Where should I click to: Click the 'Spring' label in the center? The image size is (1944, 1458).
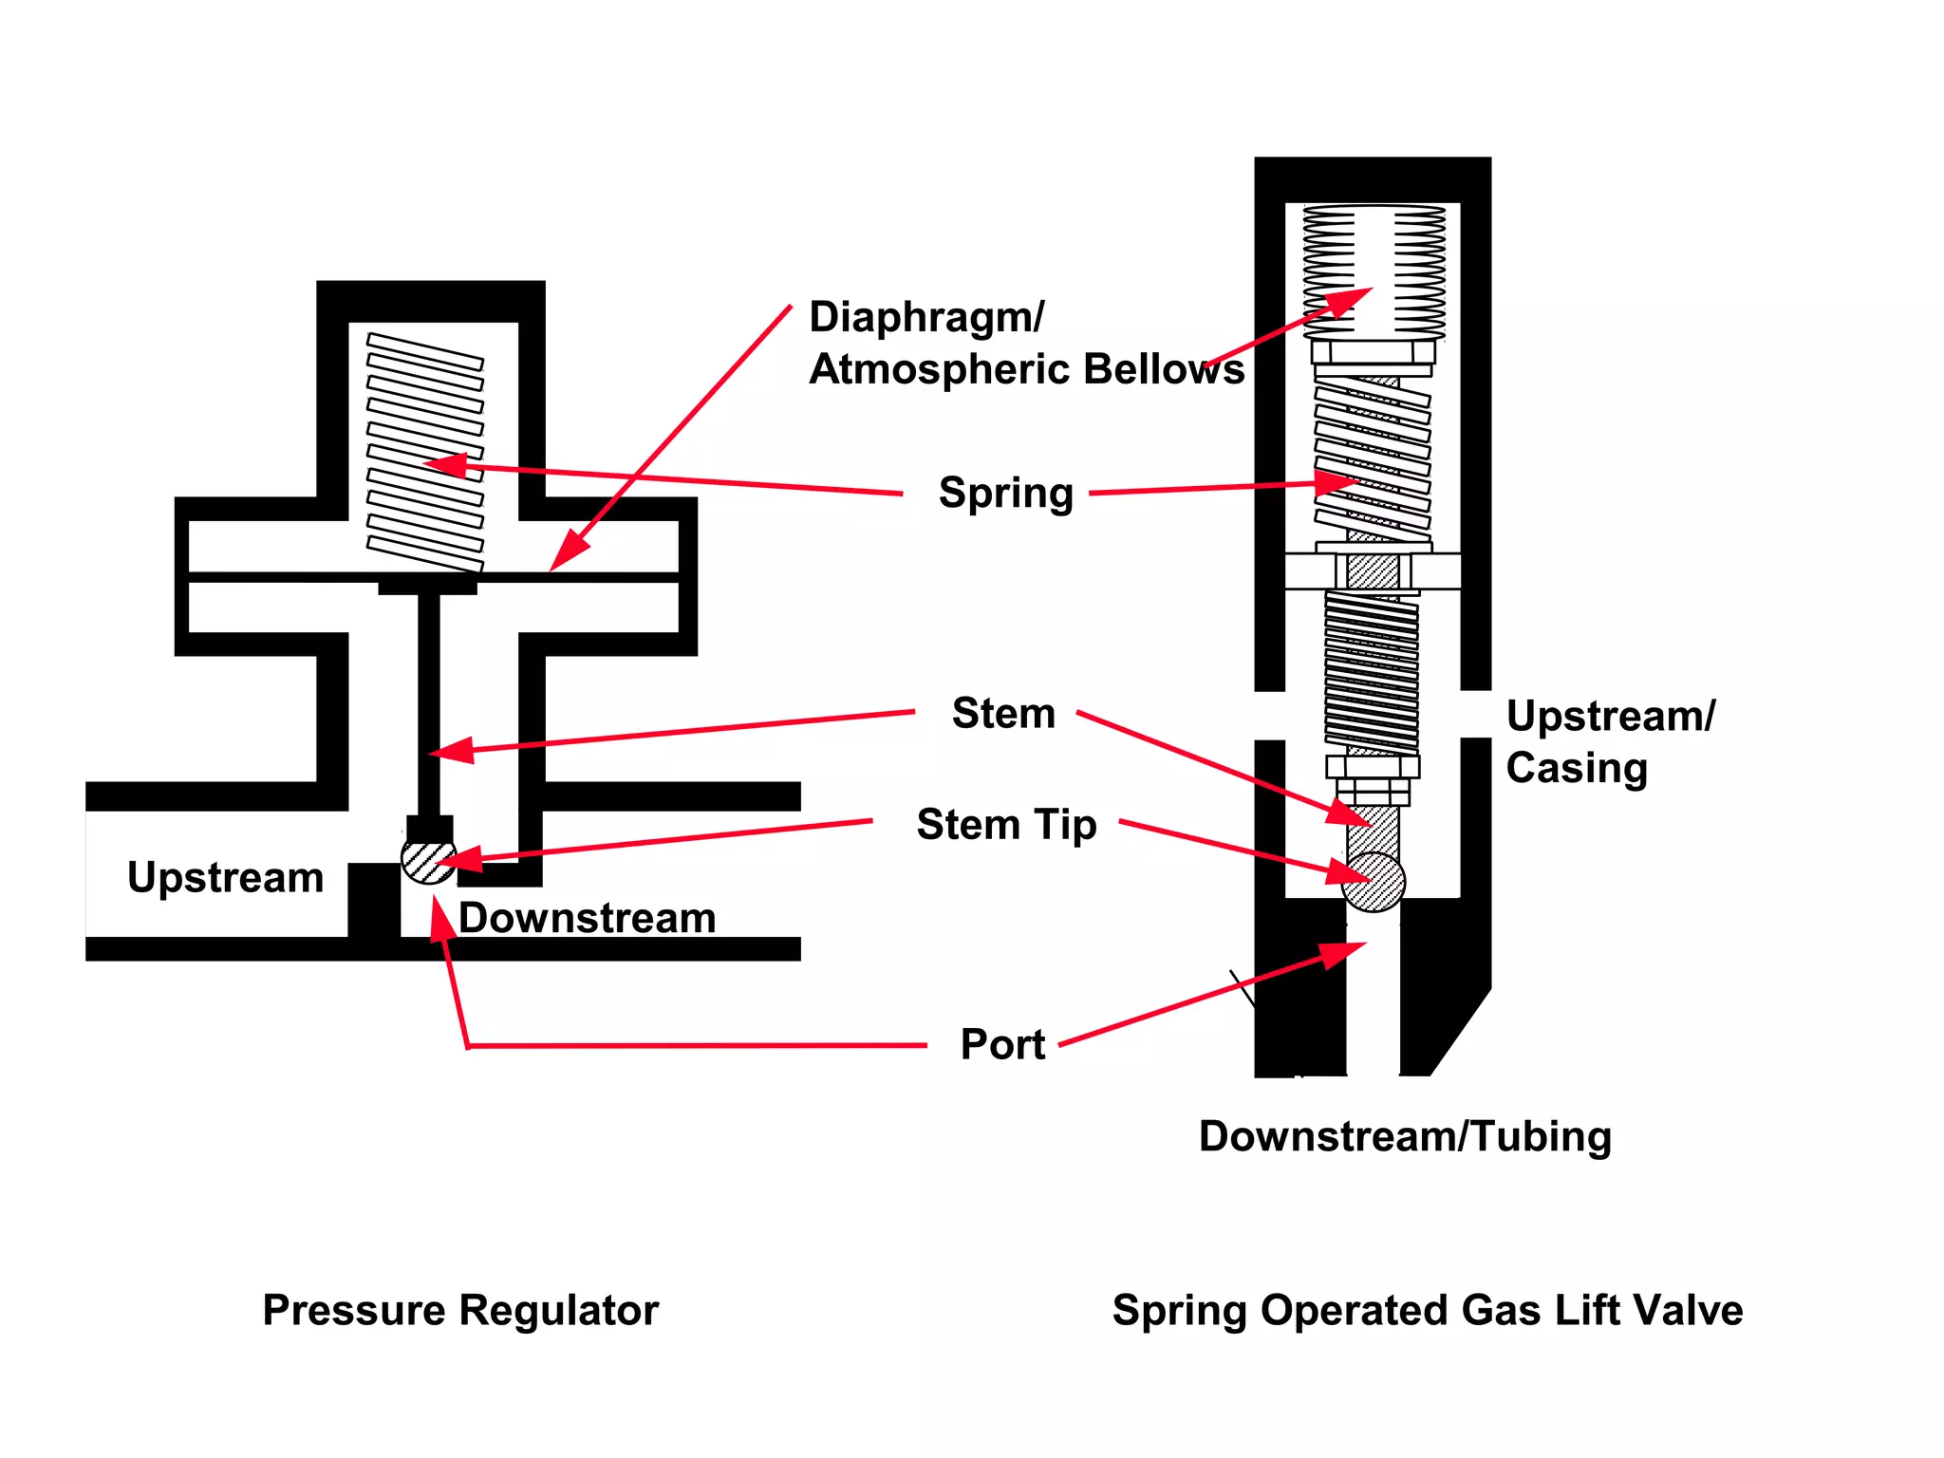coord(1005,493)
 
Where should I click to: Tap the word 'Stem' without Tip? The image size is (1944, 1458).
coord(1002,713)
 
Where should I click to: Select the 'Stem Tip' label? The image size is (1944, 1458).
coord(1006,824)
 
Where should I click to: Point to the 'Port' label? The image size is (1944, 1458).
coord(1002,1044)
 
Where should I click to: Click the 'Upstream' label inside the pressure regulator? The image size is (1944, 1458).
coord(226,877)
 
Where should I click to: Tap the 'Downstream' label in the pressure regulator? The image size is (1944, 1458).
coord(587,918)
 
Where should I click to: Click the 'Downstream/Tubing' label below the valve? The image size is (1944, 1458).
coord(1405,1136)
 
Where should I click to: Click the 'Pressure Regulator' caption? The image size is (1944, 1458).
coord(460,1310)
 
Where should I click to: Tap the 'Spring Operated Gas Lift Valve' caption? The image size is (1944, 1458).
coord(1428,1310)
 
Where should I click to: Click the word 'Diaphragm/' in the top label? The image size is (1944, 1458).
coord(926,317)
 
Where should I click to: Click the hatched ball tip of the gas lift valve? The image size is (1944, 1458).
coord(1374,883)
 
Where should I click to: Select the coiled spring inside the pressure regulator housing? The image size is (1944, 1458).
coord(425,452)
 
